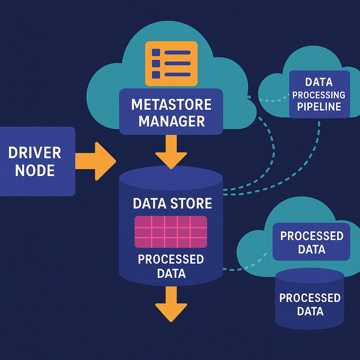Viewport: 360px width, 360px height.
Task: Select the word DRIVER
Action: [34, 153]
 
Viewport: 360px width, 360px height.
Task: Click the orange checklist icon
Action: [171, 63]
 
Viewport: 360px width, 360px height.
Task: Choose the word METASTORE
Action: [171, 104]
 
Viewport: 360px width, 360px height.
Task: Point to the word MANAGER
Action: [171, 121]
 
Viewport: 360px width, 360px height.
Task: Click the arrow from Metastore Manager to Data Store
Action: [171, 153]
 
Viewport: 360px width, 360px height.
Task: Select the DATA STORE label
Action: [172, 204]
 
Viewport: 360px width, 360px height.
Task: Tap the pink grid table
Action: [171, 232]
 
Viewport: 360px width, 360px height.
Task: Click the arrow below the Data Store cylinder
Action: [171, 302]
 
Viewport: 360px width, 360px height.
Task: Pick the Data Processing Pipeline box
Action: [319, 94]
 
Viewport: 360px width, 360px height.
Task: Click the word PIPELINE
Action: [319, 107]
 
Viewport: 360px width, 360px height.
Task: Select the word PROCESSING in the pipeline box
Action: [319, 95]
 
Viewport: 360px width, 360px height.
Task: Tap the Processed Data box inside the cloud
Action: [311, 243]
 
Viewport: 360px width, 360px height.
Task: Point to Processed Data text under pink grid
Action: [171, 266]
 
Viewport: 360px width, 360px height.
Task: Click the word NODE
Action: [35, 171]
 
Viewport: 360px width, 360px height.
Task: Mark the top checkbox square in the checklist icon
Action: [156, 52]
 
